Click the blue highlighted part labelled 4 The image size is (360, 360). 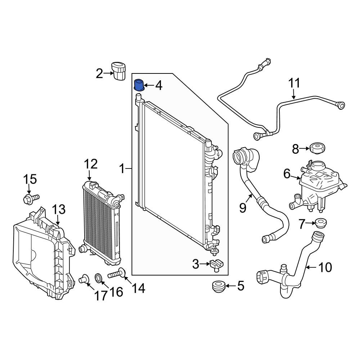tap(139, 85)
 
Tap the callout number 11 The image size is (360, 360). tap(294, 83)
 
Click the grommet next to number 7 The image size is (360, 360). tap(320, 223)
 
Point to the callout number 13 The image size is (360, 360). tap(59, 210)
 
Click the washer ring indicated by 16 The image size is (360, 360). tap(99, 278)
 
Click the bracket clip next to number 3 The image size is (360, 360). tap(216, 265)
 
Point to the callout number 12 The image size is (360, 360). tap(91, 164)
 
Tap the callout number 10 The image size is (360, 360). tap(325, 267)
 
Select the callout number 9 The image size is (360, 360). tap(242, 208)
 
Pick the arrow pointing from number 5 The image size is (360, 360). tap(231, 286)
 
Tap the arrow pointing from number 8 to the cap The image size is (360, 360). tap(305, 149)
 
